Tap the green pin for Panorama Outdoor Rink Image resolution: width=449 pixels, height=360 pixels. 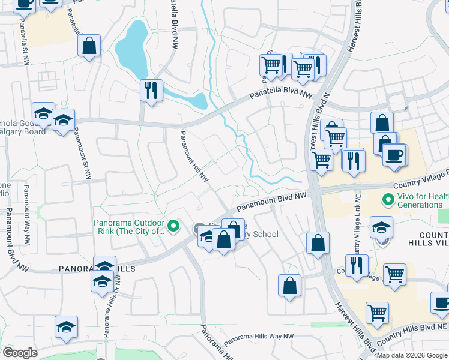pyautogui.click(x=174, y=226)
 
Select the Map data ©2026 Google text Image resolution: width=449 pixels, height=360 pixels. pyautogui.click(x=412, y=355)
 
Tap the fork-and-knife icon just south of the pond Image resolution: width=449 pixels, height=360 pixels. pyautogui.click(x=150, y=91)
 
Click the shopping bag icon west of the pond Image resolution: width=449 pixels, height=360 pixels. pyautogui.click(x=89, y=46)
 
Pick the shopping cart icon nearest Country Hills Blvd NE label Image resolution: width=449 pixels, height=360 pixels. pyautogui.click(x=377, y=312)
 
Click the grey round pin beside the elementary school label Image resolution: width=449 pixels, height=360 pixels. pyautogui.click(x=199, y=229)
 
